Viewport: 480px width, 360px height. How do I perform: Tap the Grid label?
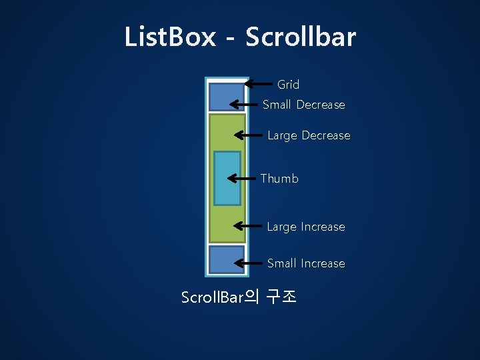pyautogui.click(x=288, y=85)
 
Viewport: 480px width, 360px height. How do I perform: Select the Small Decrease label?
pyautogui.click(x=303, y=105)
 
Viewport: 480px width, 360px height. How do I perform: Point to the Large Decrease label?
pyautogui.click(x=309, y=135)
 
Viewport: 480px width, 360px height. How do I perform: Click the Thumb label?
pyautogui.click(x=279, y=179)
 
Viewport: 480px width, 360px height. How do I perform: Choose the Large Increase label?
pyautogui.click(x=306, y=227)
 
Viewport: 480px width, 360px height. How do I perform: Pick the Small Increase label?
pyautogui.click(x=306, y=263)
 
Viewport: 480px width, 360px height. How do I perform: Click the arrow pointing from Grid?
pyautogui.click(x=259, y=84)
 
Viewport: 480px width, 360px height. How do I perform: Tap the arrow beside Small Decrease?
pyautogui.click(x=245, y=104)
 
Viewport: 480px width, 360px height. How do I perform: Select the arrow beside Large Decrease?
pyautogui.click(x=248, y=135)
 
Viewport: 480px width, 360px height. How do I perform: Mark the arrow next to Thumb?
pyautogui.click(x=243, y=178)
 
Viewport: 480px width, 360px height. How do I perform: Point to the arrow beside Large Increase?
pyautogui.click(x=248, y=227)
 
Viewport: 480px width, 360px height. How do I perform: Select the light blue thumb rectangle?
pyautogui.click(x=227, y=178)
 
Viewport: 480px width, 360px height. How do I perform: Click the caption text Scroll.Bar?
pyautogui.click(x=213, y=297)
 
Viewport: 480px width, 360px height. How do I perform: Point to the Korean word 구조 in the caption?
pyautogui.click(x=281, y=296)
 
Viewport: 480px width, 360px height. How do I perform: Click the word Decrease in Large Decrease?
pyautogui.click(x=326, y=135)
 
